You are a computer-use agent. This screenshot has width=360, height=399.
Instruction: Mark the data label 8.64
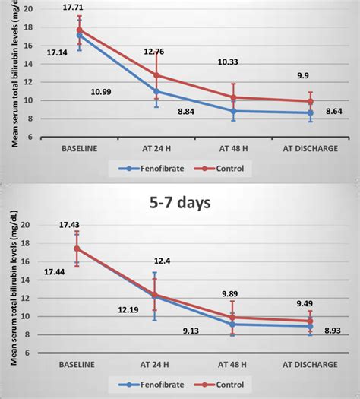point(335,112)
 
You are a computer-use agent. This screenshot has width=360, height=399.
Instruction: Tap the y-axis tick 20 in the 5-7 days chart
point(25,225)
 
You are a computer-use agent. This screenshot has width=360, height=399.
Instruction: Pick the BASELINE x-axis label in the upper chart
point(80,149)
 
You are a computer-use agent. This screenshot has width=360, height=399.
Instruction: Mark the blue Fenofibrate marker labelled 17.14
point(79,35)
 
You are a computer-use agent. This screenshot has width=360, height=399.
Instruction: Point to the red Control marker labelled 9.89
point(233,317)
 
